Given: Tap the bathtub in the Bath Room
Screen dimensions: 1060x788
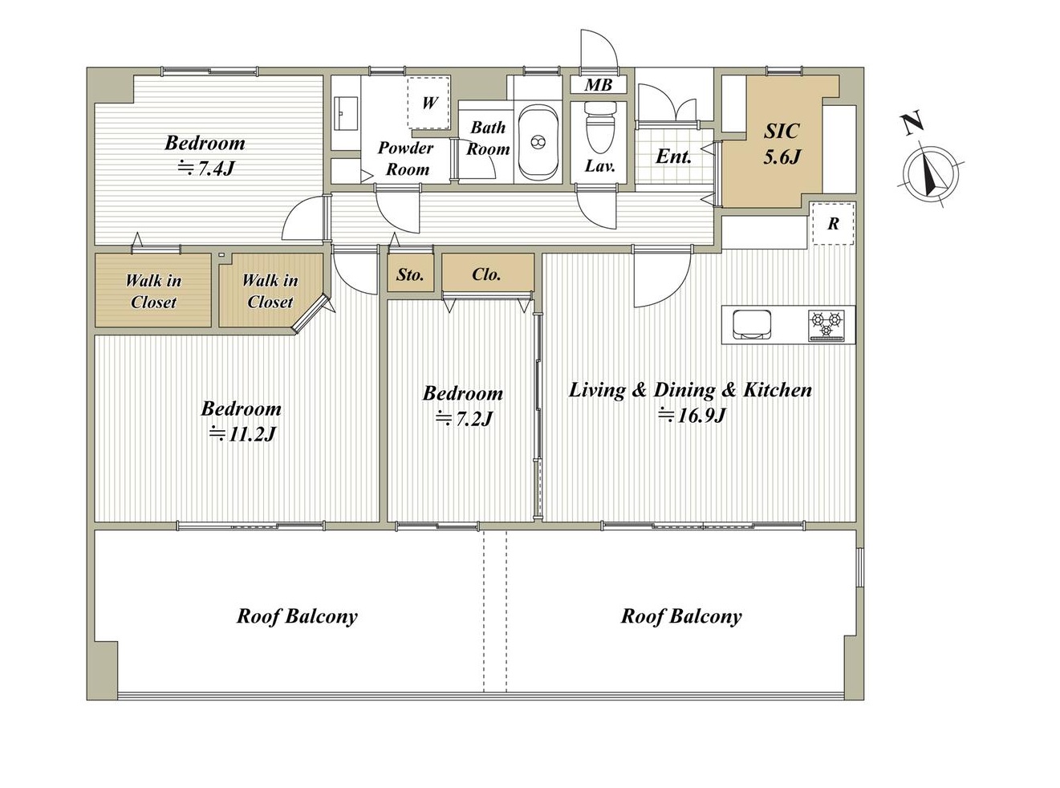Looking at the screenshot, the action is click(538, 142).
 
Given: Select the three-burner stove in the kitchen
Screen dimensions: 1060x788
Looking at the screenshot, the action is click(826, 326).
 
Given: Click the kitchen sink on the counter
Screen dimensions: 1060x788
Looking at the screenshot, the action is click(752, 325).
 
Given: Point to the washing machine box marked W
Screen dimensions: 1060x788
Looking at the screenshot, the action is click(428, 102).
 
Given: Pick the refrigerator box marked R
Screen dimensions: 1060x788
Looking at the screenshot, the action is click(834, 223).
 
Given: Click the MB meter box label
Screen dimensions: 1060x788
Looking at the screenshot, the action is click(598, 85).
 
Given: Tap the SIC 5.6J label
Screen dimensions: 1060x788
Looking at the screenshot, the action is click(782, 144).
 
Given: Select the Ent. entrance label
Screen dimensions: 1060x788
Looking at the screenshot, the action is click(673, 156).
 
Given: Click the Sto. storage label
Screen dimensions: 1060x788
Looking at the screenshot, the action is click(410, 274).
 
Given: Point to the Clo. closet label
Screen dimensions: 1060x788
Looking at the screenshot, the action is click(486, 274).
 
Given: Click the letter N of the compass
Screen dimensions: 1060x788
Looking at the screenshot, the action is click(913, 124).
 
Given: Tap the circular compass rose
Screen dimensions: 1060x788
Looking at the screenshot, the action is click(931, 175).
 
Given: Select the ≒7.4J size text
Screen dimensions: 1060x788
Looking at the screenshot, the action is click(206, 169).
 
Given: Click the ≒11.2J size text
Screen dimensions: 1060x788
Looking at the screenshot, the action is click(242, 434).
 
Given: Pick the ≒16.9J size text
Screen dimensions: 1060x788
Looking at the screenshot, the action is click(692, 415).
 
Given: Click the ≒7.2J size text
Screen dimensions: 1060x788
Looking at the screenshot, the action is click(464, 419).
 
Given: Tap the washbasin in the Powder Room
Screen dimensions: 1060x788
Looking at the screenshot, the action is click(345, 113).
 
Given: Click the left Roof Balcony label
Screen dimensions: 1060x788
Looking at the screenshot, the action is click(297, 616).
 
